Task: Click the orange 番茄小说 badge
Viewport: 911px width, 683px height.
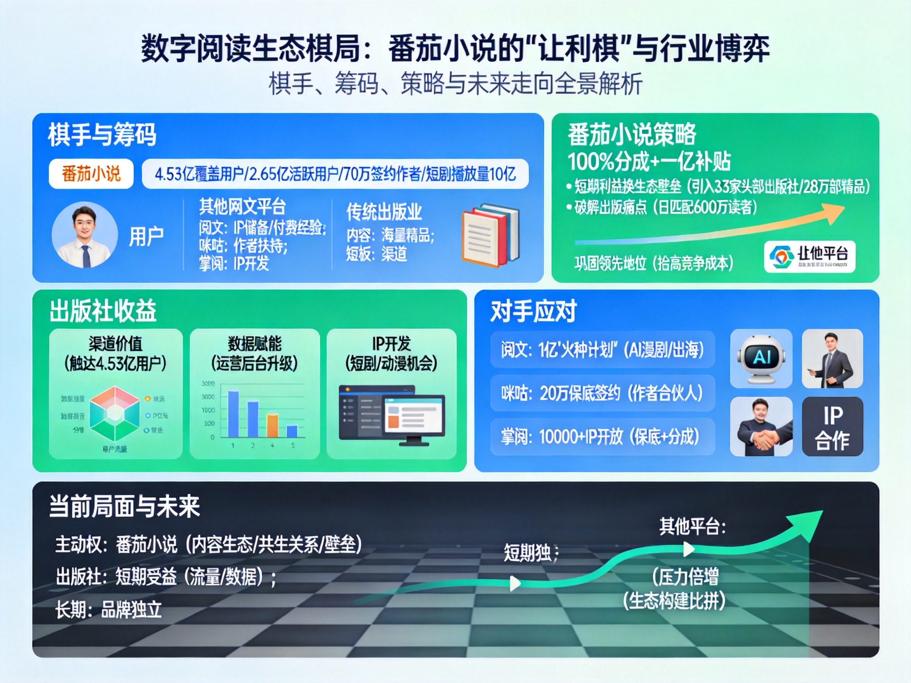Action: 91,174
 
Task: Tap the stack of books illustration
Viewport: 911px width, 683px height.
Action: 490,235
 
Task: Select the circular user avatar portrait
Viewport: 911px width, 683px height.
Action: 85,235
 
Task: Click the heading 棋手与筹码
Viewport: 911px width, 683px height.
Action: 102,134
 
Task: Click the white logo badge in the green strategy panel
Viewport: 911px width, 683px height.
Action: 809,257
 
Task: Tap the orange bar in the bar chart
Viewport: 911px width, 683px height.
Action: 272,426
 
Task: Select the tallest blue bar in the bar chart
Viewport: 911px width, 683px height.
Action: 234,414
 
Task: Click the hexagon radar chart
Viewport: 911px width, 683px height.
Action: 115,414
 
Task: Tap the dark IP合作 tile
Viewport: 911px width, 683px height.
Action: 832,426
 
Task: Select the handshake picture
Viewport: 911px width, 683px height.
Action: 761,426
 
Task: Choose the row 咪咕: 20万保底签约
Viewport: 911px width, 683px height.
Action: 602,393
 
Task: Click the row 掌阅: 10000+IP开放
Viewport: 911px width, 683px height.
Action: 602,436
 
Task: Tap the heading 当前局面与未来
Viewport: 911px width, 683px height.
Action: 125,506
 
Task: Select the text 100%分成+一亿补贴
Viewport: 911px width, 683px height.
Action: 649,161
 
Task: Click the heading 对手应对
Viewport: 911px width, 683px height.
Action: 533,311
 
